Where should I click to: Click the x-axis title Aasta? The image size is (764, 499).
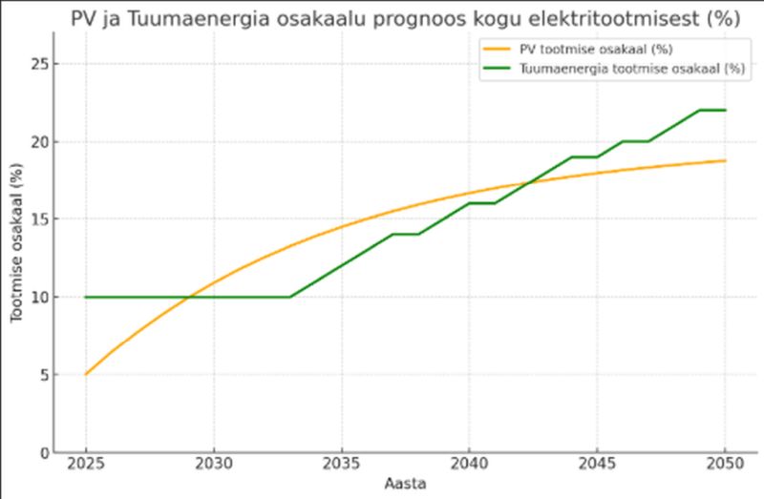click(x=405, y=484)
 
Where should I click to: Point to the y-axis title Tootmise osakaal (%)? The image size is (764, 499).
click(x=17, y=242)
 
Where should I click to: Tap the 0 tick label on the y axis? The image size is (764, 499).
click(x=44, y=452)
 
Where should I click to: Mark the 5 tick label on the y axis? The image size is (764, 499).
click(x=44, y=375)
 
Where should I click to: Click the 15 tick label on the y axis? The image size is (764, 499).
click(x=40, y=219)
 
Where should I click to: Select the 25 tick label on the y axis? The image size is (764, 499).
click(x=40, y=64)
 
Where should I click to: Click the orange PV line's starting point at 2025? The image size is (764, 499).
click(x=86, y=374)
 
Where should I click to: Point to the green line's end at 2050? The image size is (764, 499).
click(x=725, y=110)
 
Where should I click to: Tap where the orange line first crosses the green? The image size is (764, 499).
click(x=190, y=297)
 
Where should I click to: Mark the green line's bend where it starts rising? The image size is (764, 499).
click(x=290, y=297)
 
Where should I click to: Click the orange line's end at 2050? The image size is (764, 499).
click(x=725, y=160)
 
